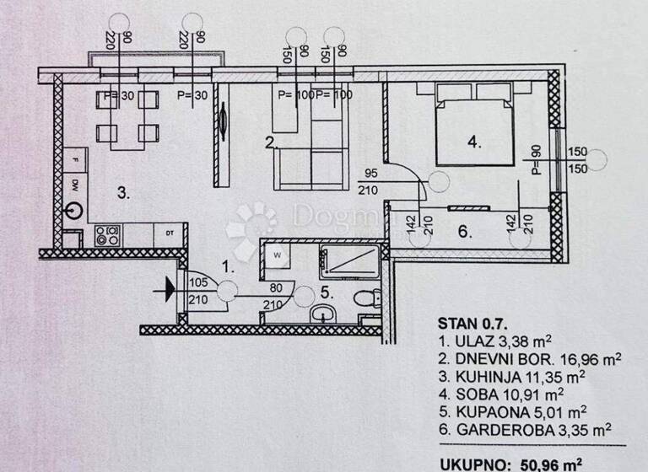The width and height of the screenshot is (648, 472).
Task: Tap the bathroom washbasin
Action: [324, 315]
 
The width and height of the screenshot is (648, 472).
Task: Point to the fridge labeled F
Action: [74, 158]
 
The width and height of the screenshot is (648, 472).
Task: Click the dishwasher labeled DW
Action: [74, 184]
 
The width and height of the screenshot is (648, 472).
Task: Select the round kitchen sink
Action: [75, 211]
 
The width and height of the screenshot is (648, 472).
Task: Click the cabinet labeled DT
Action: [170, 233]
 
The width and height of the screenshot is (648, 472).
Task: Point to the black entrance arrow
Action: [170, 289]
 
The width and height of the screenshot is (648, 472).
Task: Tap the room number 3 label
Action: [123, 193]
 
